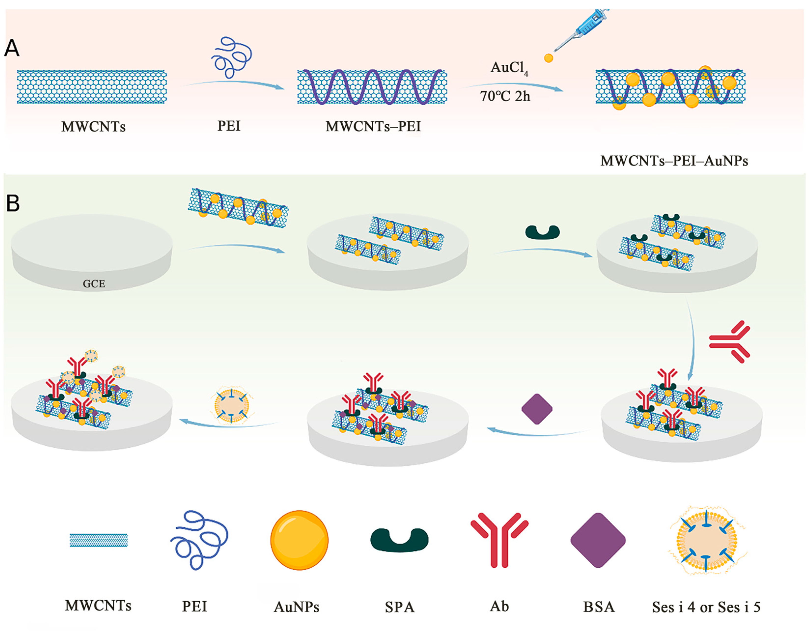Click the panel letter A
pyautogui.click(x=12, y=48)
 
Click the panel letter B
pyautogui.click(x=13, y=203)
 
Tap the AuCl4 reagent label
pyautogui.click(x=509, y=68)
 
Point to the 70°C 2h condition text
pyautogui.click(x=505, y=96)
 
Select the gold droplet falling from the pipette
pyautogui.click(x=548, y=58)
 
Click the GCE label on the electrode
pyautogui.click(x=94, y=284)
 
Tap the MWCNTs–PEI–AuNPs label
pyautogui.click(x=674, y=161)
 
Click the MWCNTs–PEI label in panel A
pyautogui.click(x=373, y=127)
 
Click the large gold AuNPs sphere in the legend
pyautogui.click(x=299, y=540)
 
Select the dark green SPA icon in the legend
pyautogui.click(x=400, y=540)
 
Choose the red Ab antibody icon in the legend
pyautogui.click(x=500, y=539)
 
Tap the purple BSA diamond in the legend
pyautogui.click(x=598, y=540)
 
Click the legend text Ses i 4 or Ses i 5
pyautogui.click(x=706, y=607)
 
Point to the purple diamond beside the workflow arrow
pyautogui.click(x=537, y=409)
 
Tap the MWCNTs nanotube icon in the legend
pyautogui.click(x=99, y=540)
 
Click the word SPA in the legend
pyautogui.click(x=400, y=607)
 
